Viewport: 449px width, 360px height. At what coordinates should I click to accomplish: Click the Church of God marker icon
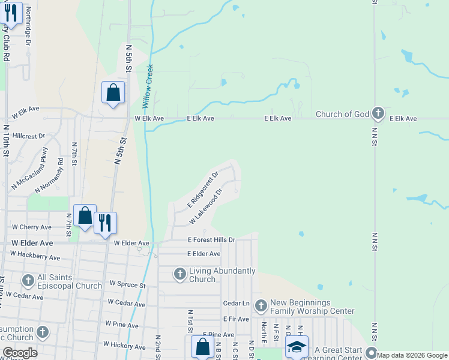coord(378,113)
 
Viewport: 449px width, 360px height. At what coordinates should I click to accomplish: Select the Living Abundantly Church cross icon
coord(179,275)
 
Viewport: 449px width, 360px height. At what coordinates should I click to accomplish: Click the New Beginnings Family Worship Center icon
coord(261,307)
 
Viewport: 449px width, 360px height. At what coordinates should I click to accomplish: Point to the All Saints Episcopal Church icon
coord(28,281)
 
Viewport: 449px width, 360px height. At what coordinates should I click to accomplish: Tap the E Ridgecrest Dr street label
coord(202,188)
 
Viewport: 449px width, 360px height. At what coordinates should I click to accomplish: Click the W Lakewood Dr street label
coord(206,207)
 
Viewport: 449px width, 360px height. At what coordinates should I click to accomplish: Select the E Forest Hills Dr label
coord(211,239)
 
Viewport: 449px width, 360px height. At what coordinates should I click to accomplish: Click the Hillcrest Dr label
coord(29,136)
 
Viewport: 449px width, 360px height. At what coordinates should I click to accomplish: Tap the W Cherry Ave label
coord(32,227)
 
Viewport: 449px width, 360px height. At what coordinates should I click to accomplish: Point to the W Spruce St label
coord(127,284)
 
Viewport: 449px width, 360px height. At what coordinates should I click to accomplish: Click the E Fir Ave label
coord(235,319)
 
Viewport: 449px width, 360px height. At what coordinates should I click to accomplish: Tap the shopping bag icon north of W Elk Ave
coord(113,93)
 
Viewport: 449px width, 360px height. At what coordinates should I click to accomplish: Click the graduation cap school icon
coord(296,349)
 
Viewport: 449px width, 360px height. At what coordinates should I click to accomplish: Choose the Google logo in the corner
coord(20,353)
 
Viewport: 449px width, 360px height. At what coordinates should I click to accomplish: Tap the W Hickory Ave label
coord(124,346)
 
